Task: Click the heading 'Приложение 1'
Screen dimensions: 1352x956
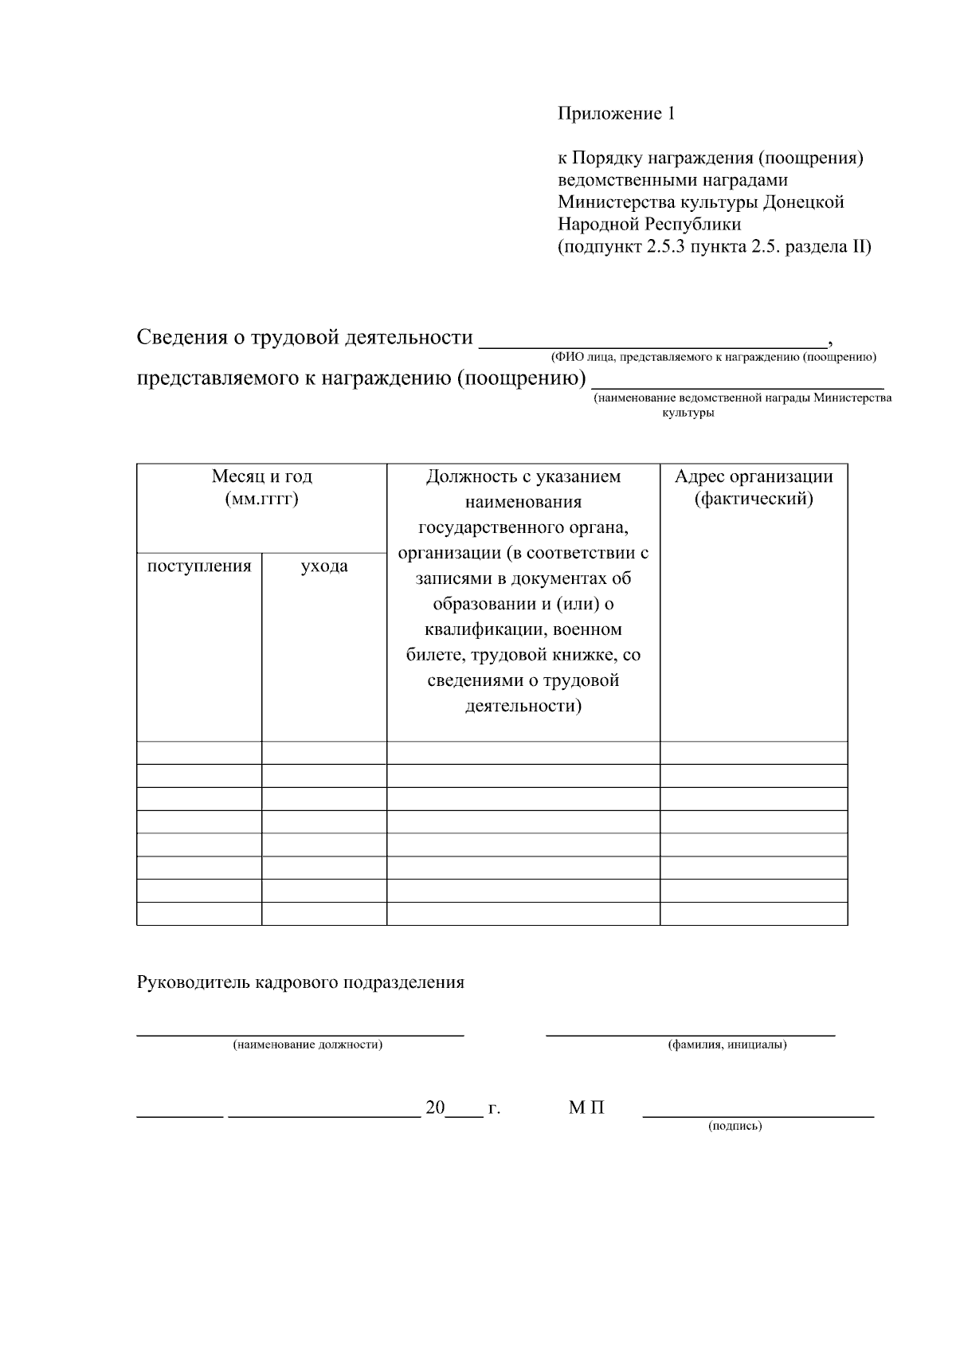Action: [x=616, y=114]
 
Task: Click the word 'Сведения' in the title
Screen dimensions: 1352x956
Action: [x=181, y=338]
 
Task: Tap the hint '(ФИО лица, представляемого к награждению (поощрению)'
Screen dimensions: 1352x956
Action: [x=713, y=357]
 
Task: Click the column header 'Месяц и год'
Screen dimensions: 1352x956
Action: [x=262, y=476]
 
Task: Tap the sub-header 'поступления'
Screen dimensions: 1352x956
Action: [x=199, y=566]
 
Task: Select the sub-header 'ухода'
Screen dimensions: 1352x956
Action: [x=324, y=566]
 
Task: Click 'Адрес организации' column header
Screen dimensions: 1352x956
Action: [x=754, y=476]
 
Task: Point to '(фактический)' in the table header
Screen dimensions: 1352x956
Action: [x=754, y=500]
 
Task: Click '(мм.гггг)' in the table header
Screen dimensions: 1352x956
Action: [x=262, y=500]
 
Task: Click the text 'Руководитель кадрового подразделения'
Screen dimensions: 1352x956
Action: [x=300, y=982]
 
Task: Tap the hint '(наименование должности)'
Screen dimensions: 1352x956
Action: [x=308, y=1044]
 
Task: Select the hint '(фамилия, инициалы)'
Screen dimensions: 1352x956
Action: [x=727, y=1044]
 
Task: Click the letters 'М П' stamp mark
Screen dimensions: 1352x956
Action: [x=586, y=1107]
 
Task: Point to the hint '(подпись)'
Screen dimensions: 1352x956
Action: [x=735, y=1126]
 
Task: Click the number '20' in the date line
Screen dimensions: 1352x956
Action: [x=435, y=1107]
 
